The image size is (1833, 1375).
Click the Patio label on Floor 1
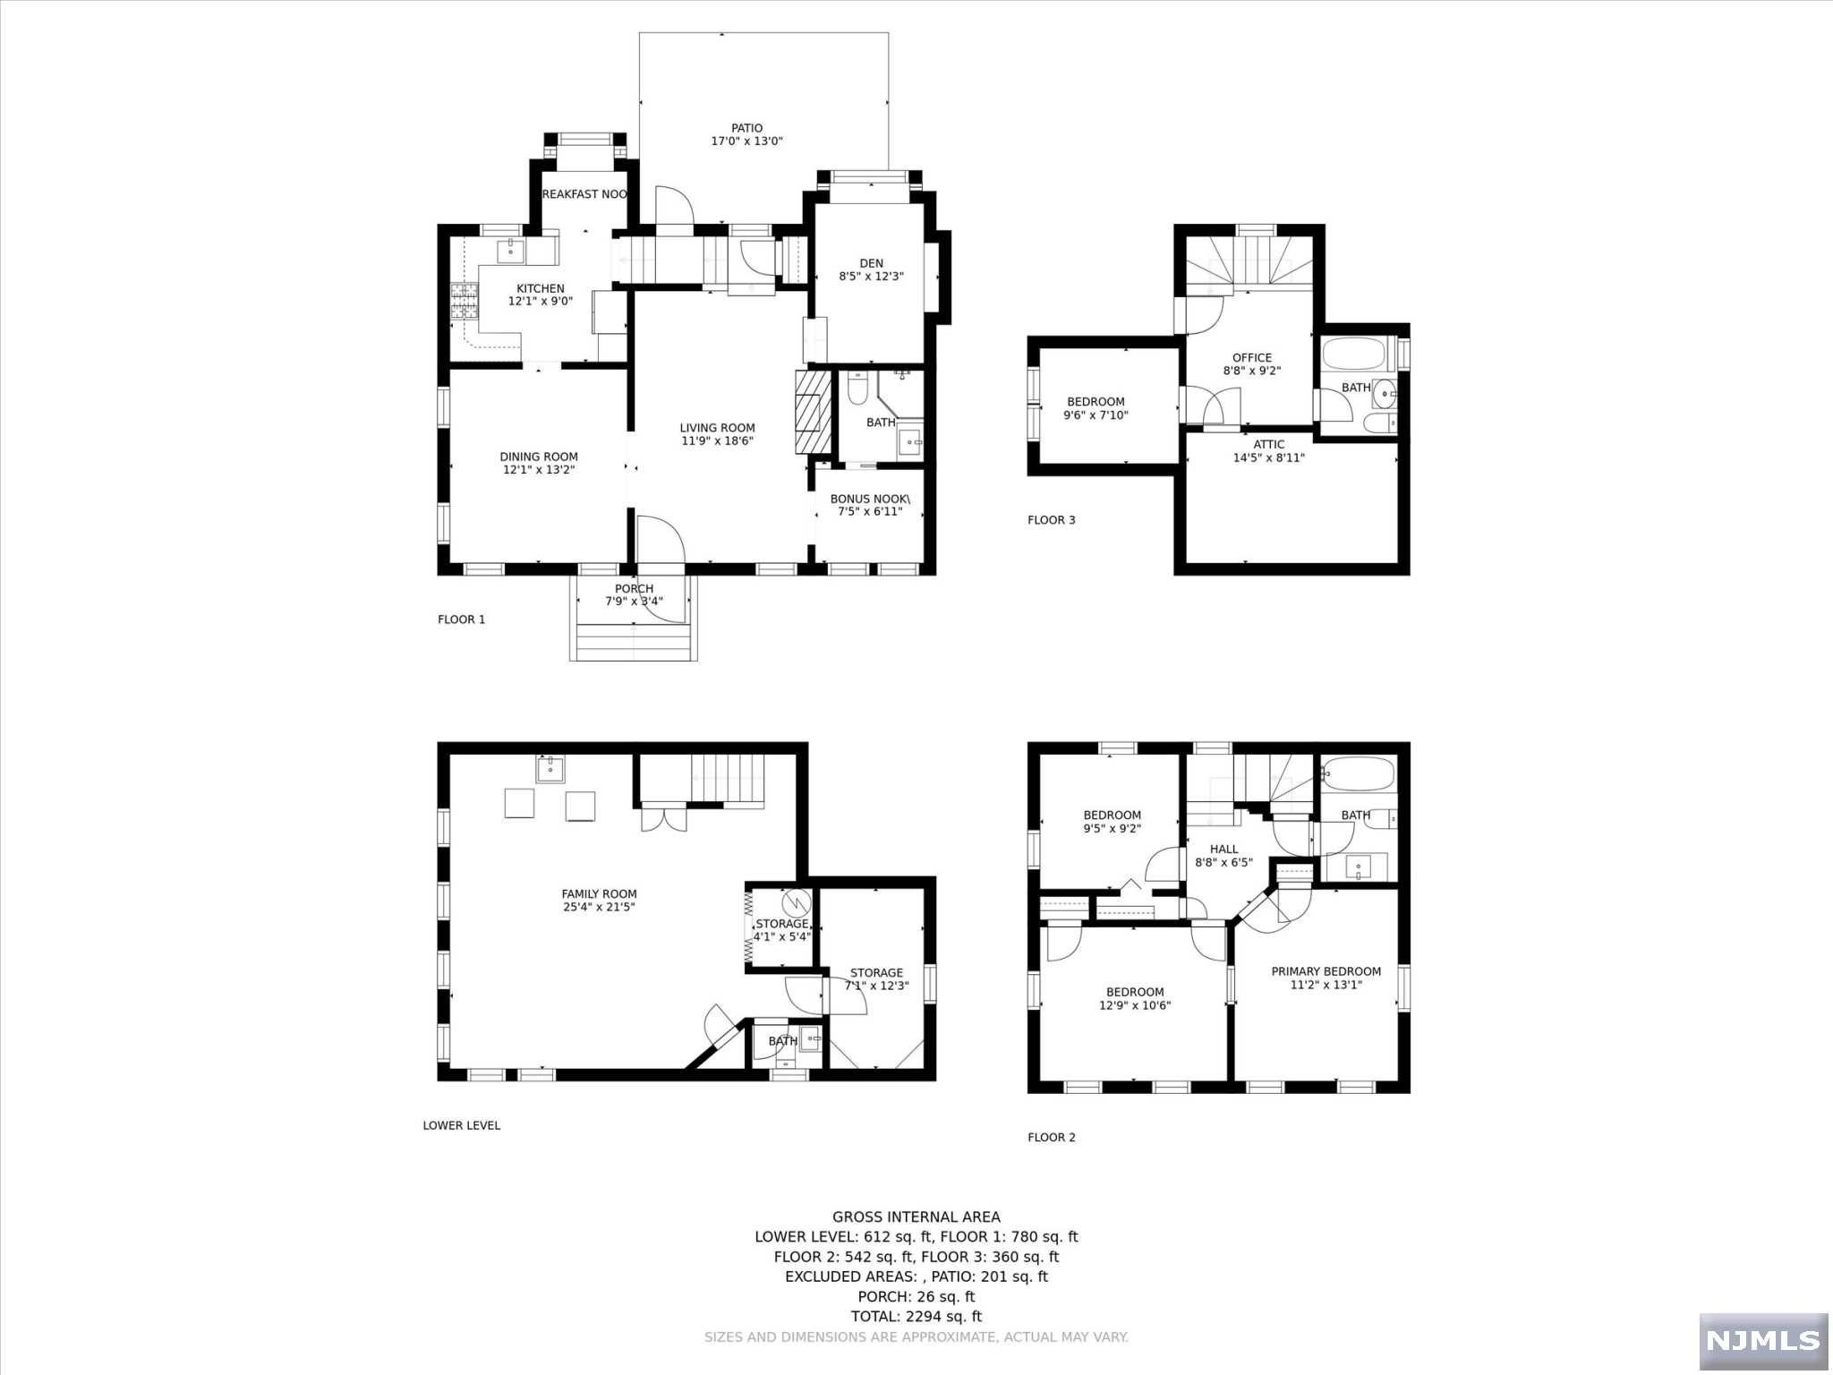tap(746, 128)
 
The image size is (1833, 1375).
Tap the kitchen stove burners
tap(464, 301)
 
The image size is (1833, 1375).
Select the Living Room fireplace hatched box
tap(806, 413)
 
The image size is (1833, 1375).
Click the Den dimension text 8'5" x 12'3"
tap(871, 277)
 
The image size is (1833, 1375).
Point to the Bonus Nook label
tap(870, 499)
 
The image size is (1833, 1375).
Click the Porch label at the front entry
tap(634, 588)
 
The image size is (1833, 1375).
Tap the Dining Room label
tap(539, 457)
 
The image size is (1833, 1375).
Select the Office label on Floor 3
tap(1252, 357)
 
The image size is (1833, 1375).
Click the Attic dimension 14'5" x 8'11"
tap(1269, 457)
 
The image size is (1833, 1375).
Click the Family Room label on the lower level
tap(599, 893)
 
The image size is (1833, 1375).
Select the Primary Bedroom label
tap(1326, 971)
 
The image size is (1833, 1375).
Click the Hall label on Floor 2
tap(1223, 850)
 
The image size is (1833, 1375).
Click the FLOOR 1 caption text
tap(461, 619)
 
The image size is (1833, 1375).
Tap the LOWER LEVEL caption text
tap(461, 1125)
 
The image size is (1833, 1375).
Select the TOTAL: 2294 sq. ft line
tap(916, 1316)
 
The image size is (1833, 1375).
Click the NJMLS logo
tap(1762, 1340)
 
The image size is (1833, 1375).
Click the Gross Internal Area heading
tap(916, 1217)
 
